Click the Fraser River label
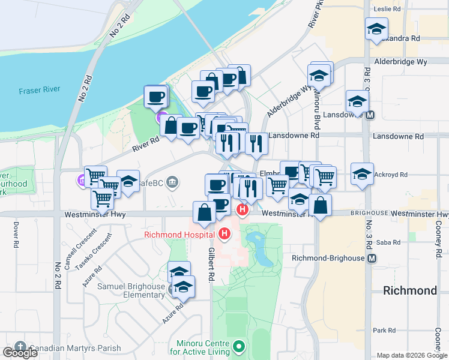coord(40,91)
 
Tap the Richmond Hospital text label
coord(179,234)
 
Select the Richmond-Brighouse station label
coord(328,258)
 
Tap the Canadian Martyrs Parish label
coord(74,348)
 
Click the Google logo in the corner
coord(20,353)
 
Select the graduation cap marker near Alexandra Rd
coord(376,29)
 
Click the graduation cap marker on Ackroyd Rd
coord(362,175)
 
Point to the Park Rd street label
coord(384,330)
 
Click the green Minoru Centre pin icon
coord(239,346)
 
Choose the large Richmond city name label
coord(410,290)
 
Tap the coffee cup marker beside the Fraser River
coord(156,97)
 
